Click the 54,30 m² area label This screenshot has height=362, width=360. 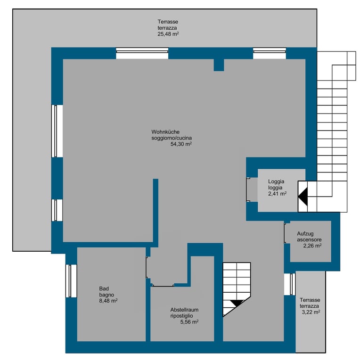181,144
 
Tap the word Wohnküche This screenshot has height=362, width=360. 165,132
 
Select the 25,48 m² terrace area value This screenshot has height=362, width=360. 168,34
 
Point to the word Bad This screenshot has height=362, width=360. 104,288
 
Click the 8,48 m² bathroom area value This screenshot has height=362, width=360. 108,301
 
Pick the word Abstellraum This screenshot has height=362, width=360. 184,310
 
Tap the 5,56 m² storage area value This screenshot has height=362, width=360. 189,322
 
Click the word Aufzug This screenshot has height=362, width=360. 305,234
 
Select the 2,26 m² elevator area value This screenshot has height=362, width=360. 312,246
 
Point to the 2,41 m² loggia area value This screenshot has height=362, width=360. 278,194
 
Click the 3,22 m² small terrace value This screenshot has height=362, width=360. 311,312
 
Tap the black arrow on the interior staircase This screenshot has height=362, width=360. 237,303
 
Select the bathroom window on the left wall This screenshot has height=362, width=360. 71,281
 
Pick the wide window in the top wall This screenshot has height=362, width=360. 142,53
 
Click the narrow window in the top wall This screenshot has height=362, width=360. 270,53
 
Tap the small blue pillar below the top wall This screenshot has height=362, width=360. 219,65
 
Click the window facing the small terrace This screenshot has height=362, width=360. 290,284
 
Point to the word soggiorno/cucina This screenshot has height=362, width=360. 172,138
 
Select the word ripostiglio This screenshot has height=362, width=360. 181,316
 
